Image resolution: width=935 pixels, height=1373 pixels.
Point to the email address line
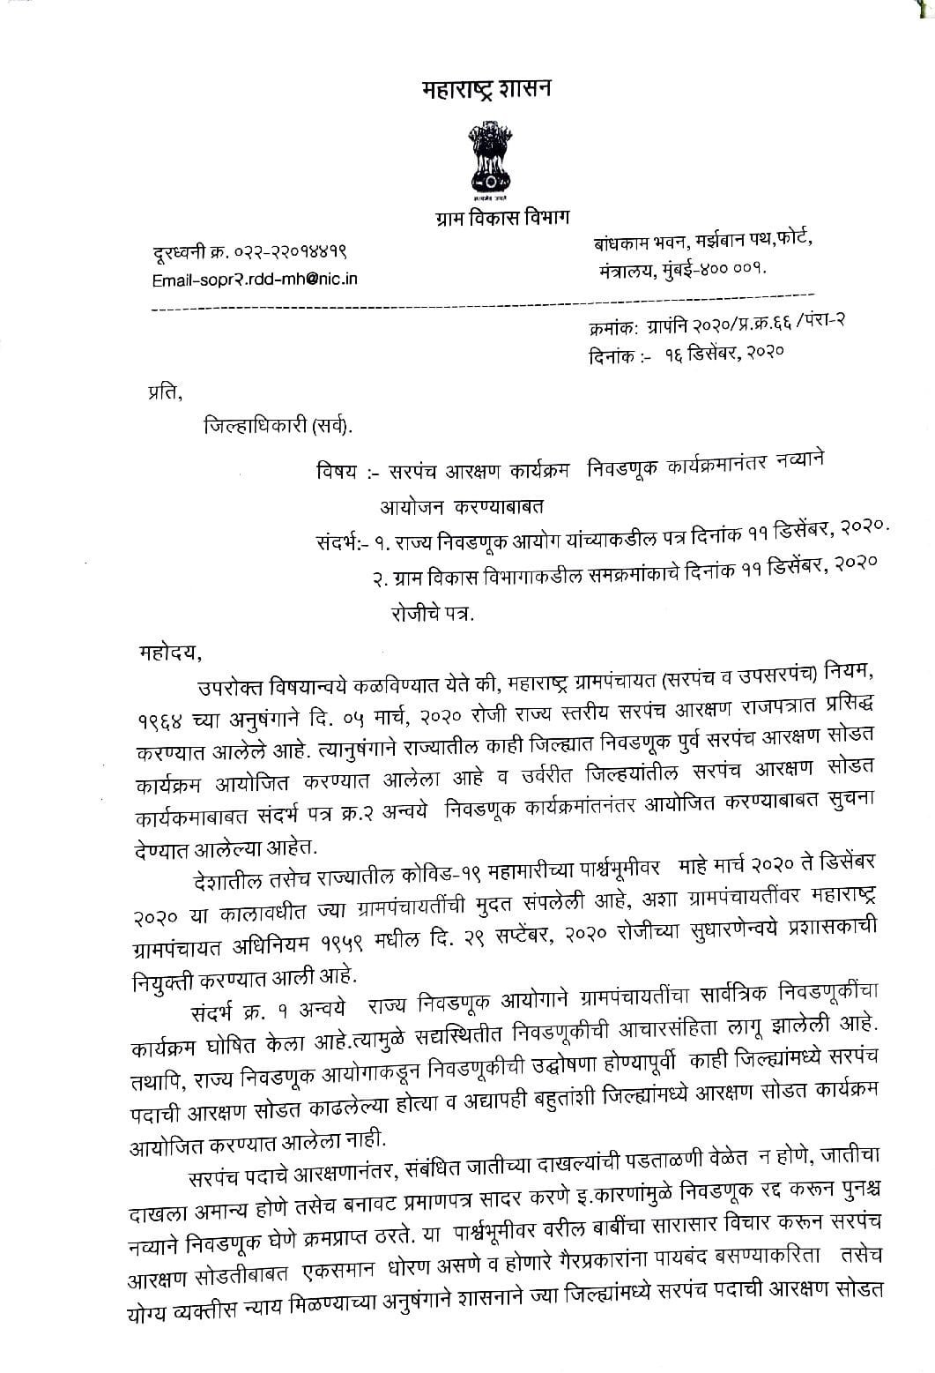click(x=256, y=280)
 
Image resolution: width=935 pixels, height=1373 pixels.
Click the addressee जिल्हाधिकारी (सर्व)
click(x=276, y=427)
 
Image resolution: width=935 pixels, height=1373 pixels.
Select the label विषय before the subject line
click(x=336, y=470)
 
